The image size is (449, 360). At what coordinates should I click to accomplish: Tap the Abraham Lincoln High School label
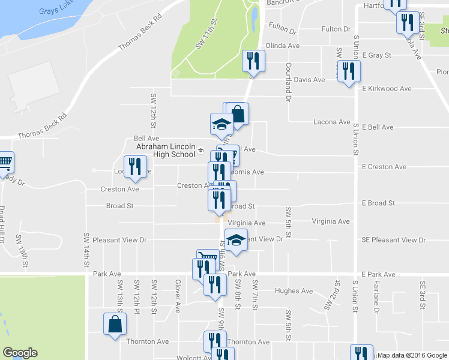pyautogui.click(x=165, y=150)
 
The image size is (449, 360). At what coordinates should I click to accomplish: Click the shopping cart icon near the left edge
pyautogui.click(x=5, y=161)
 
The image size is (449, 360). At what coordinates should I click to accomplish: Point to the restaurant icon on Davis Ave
pyautogui.click(x=348, y=71)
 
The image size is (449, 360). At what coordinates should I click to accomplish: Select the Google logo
pyautogui.click(x=20, y=353)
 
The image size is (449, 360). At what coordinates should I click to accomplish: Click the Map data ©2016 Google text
pyautogui.click(x=412, y=355)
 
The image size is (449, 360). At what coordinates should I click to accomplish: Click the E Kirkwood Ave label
pyautogui.click(x=387, y=88)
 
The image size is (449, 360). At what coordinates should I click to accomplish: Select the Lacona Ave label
pyautogui.click(x=331, y=122)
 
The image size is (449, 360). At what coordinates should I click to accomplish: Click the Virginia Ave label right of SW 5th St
pyautogui.click(x=330, y=221)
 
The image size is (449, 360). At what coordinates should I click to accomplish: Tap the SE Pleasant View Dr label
pyautogui.click(x=393, y=240)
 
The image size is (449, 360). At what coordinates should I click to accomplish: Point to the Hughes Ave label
pyautogui.click(x=294, y=291)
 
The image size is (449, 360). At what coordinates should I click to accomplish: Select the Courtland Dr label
pyautogui.click(x=289, y=81)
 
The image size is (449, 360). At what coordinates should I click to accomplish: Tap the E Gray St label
pyautogui.click(x=376, y=55)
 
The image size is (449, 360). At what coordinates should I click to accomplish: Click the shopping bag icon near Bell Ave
pyautogui.click(x=238, y=113)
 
